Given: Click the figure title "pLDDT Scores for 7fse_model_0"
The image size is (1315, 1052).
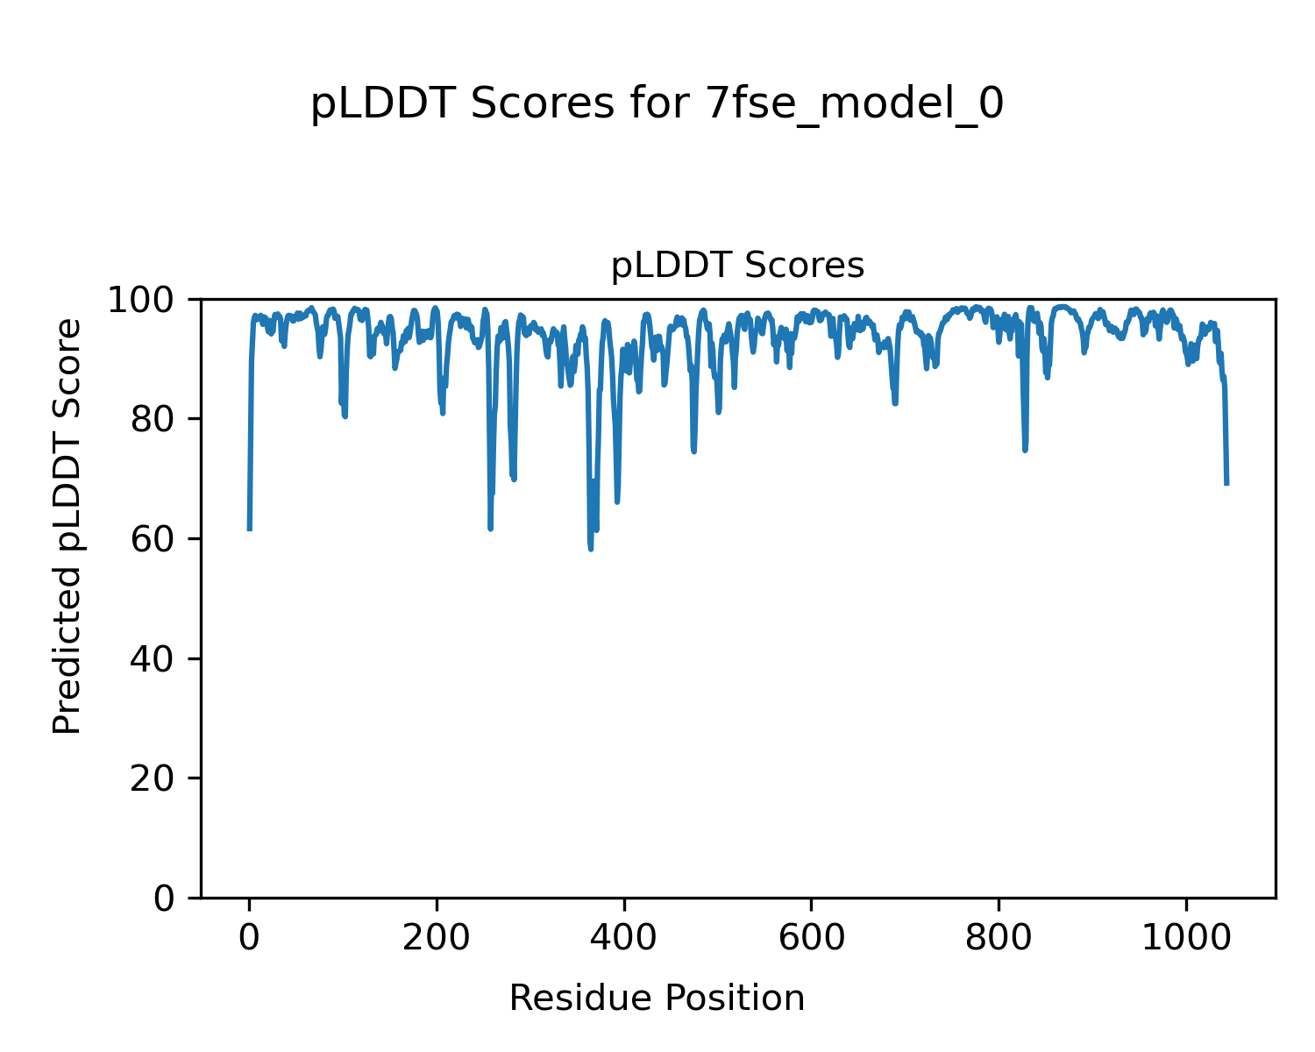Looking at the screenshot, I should pos(657,104).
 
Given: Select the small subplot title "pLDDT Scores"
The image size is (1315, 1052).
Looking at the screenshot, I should pos(737,266).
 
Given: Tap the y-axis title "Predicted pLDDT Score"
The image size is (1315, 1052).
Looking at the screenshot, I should pos(68,526).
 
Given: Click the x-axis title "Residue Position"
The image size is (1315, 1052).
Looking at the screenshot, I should pos(657,998).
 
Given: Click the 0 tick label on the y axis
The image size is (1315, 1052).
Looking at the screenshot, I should pos(164,899).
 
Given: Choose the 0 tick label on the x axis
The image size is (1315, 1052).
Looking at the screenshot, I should pos(250,938).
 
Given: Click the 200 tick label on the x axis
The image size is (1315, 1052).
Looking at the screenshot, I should pos(437,938).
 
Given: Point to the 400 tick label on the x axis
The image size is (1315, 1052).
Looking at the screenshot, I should pos(624,938).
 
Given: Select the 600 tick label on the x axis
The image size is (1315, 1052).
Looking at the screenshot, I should pos(811,938).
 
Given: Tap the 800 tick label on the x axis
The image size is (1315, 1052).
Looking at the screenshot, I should pos(999,938).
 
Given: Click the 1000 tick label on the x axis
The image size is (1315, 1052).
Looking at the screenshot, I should pos(1186,938).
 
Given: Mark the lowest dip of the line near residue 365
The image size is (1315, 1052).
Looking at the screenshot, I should pos(591,549).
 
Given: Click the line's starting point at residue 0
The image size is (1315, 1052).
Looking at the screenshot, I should pos(250,529).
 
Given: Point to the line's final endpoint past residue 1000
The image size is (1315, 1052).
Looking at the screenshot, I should pos(1226,483).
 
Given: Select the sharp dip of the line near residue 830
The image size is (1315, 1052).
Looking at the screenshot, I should pos(1025,450).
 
